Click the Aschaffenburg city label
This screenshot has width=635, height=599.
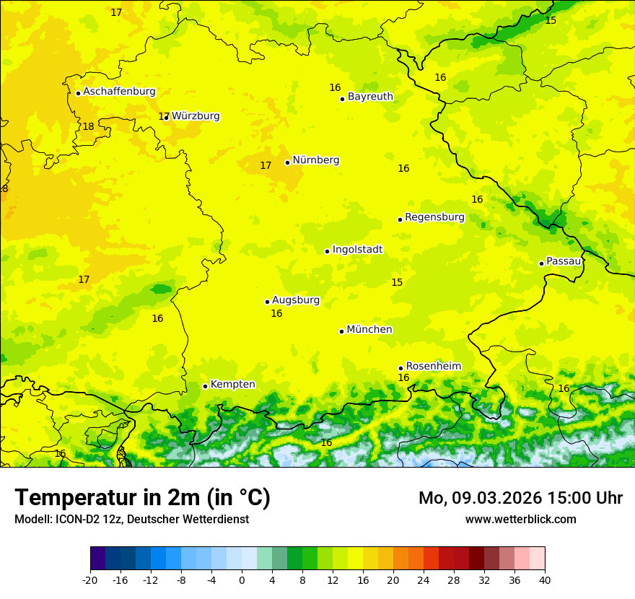pos(119,92)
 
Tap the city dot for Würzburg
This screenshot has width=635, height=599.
pos(167,117)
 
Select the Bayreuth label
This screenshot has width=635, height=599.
pos(370,97)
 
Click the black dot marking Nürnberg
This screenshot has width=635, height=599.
pos(287,162)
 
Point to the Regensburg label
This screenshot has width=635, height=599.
pos(434,217)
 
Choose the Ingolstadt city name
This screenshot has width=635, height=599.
pos(357,250)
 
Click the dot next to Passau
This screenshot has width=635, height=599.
pos(541,263)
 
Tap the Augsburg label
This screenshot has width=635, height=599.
pos(296,300)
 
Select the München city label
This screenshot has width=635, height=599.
pos(369,330)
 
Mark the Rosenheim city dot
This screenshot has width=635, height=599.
pos(400,368)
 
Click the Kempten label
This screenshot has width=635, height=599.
pos(232,385)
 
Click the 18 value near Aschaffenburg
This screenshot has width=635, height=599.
pos(88,126)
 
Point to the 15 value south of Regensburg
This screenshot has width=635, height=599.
pos(397,282)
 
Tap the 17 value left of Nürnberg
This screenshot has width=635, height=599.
pos(266,165)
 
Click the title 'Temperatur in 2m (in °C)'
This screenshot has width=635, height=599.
pos(142,498)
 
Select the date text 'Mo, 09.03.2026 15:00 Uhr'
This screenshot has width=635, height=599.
pos(520,498)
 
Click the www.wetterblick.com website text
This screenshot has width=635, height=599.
pos(520,519)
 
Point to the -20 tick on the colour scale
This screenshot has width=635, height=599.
pos(90,580)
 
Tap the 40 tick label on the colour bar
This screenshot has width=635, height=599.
pos(545,580)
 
